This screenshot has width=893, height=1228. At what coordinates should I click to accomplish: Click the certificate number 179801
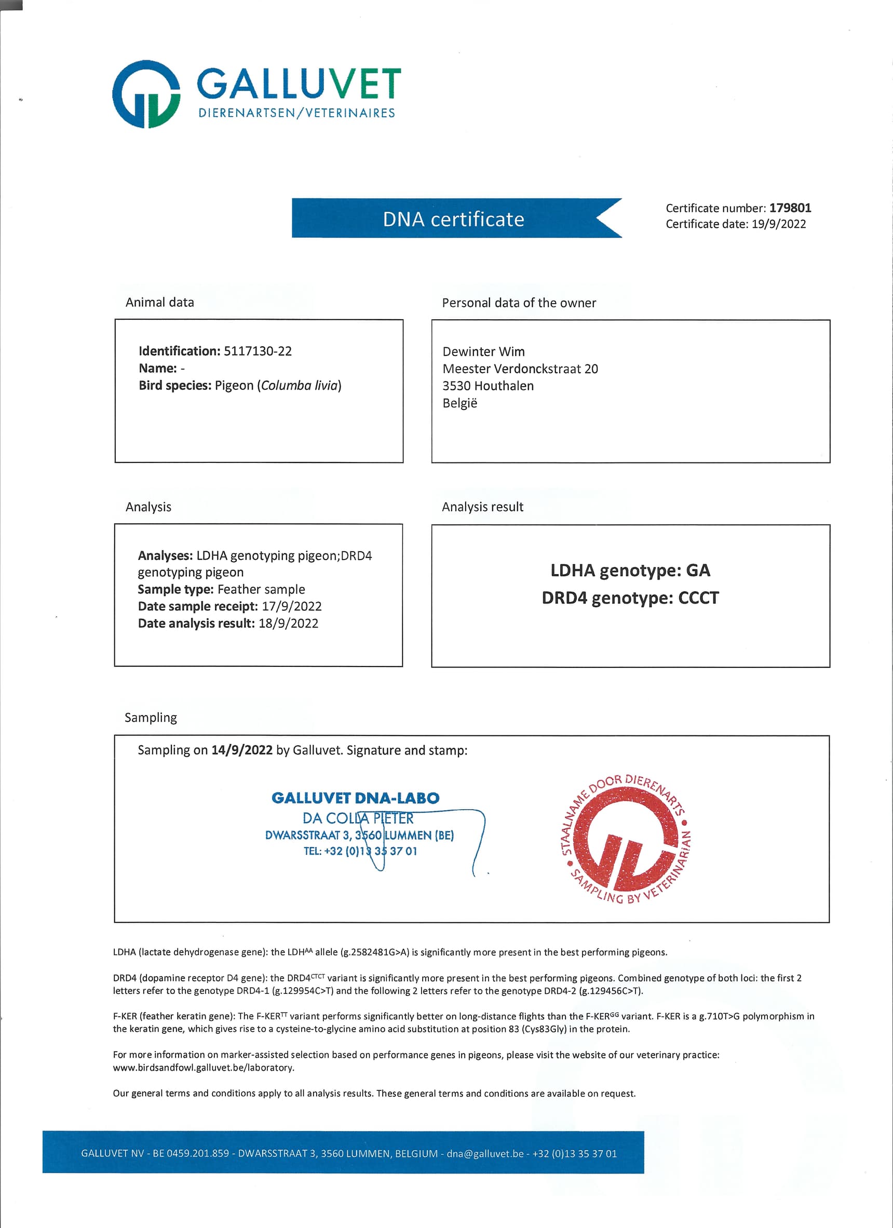click(790, 208)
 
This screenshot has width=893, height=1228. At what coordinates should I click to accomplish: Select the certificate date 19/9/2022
click(778, 224)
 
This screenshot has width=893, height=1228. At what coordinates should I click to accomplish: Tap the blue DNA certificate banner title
click(453, 219)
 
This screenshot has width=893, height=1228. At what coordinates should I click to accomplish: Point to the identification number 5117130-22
click(257, 351)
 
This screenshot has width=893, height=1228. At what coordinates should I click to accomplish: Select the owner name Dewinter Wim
click(483, 351)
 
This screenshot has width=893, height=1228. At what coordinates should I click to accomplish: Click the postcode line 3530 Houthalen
click(488, 386)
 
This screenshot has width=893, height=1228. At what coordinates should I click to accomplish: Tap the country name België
click(459, 403)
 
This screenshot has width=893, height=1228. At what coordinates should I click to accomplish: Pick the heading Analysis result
click(482, 507)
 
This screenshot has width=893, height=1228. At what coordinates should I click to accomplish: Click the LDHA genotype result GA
click(697, 570)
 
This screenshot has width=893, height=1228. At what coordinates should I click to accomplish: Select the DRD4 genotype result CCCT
click(698, 598)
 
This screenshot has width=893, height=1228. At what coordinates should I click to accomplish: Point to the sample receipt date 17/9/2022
click(291, 606)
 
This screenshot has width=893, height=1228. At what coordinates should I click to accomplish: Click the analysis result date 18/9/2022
click(288, 623)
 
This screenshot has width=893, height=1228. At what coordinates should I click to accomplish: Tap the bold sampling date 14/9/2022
click(241, 750)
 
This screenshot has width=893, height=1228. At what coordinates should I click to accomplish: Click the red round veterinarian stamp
click(626, 839)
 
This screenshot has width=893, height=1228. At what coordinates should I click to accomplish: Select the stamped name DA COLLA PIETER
click(357, 818)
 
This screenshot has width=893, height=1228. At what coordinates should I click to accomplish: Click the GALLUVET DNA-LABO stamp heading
click(355, 798)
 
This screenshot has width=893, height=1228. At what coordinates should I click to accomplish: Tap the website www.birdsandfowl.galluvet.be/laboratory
click(203, 1067)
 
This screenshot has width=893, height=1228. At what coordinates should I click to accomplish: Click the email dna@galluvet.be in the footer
click(485, 1153)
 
